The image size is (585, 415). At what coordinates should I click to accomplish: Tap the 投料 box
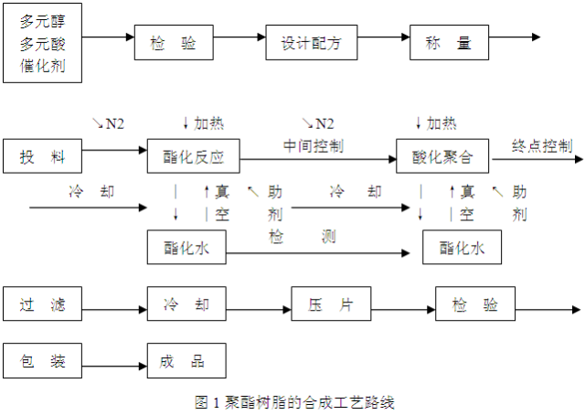point(41,156)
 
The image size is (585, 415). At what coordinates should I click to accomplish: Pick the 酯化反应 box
point(193,156)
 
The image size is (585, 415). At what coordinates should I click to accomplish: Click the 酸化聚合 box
point(442,156)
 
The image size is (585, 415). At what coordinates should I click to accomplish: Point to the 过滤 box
point(41,303)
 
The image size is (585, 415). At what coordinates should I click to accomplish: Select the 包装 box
point(41,360)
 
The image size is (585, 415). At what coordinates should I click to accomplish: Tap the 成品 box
point(186,360)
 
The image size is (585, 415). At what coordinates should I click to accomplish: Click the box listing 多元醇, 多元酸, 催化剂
point(41,44)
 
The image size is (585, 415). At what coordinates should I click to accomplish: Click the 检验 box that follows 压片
point(474,303)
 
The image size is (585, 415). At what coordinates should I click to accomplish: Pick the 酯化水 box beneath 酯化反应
point(186,247)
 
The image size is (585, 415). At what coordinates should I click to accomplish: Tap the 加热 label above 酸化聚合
point(436,123)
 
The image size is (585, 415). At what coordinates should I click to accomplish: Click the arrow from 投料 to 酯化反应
point(113,152)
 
